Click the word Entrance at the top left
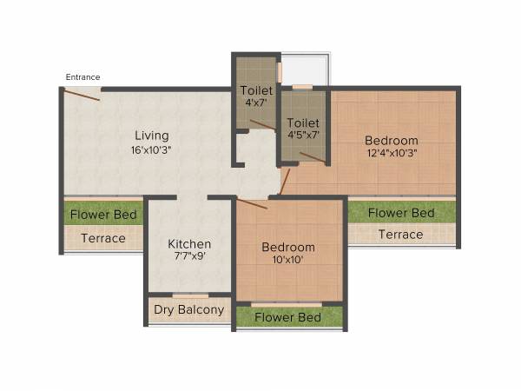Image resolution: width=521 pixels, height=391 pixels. point(82,77)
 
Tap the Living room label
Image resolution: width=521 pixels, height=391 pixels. point(151,136)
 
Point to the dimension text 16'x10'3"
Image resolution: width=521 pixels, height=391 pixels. point(151,149)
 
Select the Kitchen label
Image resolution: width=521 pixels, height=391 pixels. point(189,244)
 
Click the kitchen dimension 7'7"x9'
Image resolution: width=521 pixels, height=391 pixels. point(189,257)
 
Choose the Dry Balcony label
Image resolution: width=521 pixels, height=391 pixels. point(189,309)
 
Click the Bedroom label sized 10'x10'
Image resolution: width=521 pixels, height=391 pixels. point(288,248)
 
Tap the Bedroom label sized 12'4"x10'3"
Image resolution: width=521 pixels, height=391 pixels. point(391,141)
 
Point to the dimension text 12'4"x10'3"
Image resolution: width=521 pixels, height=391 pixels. point(391,154)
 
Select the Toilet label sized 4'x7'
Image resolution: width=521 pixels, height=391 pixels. point(256,90)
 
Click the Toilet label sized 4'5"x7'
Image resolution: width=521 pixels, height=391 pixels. point(303,123)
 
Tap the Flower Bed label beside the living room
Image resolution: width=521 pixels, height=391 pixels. point(104,214)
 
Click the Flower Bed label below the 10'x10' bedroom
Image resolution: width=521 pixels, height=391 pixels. point(288,318)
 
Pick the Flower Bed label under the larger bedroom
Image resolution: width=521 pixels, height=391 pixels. point(400,213)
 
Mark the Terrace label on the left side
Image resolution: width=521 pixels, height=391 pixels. point(103,238)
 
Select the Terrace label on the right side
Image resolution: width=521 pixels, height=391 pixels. point(400,235)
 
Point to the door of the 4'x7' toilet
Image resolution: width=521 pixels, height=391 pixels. point(261,125)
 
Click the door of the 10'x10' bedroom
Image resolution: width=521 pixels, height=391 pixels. point(252,204)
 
